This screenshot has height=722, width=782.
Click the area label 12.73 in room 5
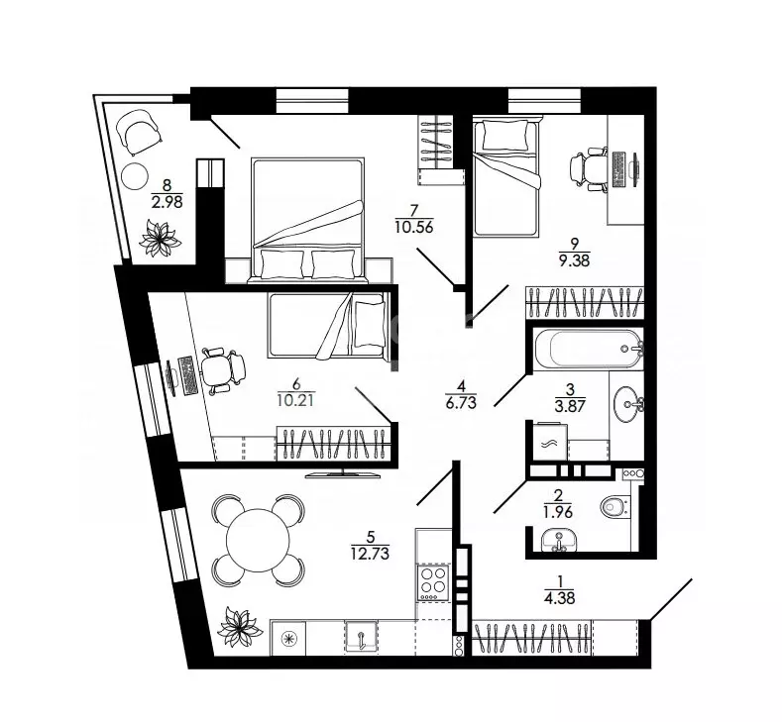click(x=370, y=553)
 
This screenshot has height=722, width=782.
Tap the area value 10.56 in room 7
click(x=414, y=227)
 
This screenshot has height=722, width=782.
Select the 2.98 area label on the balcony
click(x=167, y=202)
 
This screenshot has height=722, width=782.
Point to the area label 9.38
click(x=575, y=260)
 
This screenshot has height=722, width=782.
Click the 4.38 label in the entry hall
click(x=560, y=597)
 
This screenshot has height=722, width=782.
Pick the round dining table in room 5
click(x=258, y=540)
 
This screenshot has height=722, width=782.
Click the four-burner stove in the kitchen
click(x=433, y=582)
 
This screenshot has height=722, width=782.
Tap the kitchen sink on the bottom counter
click(x=362, y=636)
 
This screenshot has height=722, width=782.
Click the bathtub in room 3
click(x=589, y=349)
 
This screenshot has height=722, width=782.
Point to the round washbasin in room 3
click(x=627, y=404)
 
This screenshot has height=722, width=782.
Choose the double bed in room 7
click(x=307, y=221)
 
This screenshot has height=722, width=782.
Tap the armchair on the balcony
click(x=139, y=132)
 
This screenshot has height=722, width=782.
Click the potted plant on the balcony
click(x=160, y=239)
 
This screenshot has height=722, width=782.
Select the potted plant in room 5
click(x=240, y=626)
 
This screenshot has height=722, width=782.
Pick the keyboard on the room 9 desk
click(x=617, y=169)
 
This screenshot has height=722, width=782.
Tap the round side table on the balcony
click(x=134, y=175)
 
